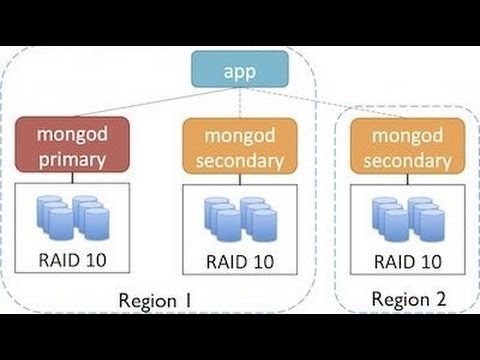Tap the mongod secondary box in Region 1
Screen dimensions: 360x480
[x=239, y=146]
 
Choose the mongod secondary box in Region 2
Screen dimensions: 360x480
[x=407, y=146]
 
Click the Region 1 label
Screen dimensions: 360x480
[x=154, y=300]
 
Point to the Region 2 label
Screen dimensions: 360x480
[x=407, y=299]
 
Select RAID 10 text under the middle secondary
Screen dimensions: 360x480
[x=240, y=262]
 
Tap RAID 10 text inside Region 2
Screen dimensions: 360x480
[x=407, y=262]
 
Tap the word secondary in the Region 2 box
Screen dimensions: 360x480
[x=407, y=158]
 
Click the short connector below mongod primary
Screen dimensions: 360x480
[x=72, y=180]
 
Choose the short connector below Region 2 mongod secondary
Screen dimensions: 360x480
[x=407, y=180]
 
